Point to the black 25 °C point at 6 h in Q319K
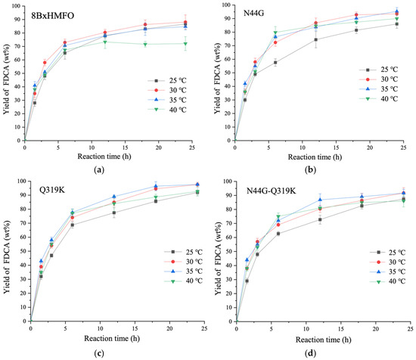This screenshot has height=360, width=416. point(72,225)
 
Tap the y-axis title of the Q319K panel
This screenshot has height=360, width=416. point(7,253)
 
